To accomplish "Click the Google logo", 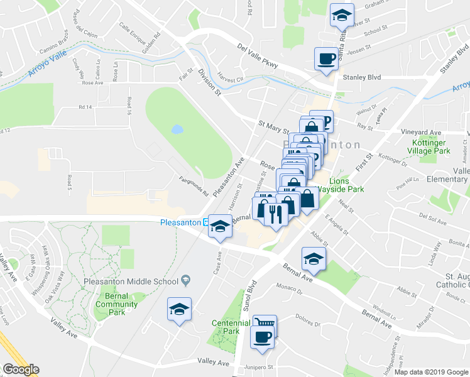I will point(21,369).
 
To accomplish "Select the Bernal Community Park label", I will point(116,300).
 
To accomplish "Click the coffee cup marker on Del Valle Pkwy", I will point(325,60).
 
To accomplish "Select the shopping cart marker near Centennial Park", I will point(265,324).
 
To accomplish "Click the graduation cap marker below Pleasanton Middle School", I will point(179,310).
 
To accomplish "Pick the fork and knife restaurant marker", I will point(276,216).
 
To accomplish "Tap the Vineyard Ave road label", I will point(421,133).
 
